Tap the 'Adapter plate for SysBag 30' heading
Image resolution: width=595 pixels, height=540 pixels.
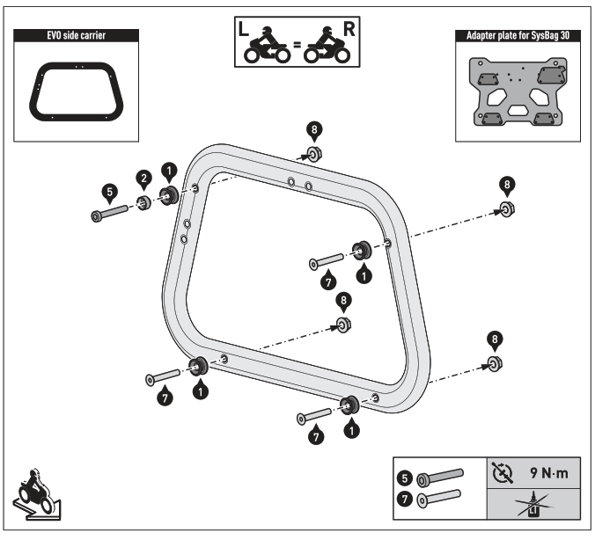click(517, 36)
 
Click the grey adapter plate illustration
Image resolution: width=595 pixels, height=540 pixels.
click(517, 91)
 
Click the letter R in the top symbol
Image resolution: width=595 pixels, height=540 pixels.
click(349, 29)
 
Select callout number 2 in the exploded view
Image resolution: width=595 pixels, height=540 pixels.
click(141, 179)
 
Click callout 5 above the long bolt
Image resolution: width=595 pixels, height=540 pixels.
click(108, 189)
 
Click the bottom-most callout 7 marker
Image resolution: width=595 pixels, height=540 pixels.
click(315, 434)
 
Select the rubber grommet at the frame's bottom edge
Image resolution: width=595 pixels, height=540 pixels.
click(348, 405)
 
